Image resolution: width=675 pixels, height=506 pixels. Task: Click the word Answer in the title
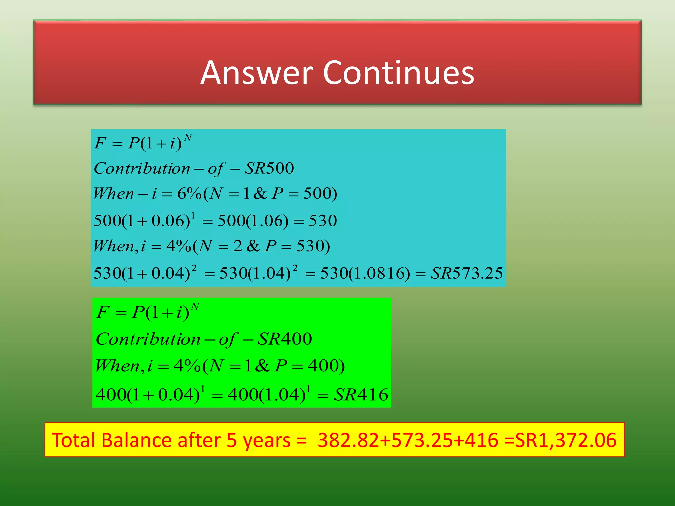257,73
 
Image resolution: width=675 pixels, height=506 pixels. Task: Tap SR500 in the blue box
269,168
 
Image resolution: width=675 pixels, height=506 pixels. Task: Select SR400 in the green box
285,339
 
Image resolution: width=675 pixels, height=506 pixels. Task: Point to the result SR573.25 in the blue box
467,273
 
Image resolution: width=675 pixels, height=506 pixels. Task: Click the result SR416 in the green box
361,394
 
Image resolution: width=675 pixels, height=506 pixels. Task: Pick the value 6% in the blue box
189,193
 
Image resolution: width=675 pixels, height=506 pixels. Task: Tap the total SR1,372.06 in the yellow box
566,440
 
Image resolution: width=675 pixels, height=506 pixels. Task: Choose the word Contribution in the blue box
142,168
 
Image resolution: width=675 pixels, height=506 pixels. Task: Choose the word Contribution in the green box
148,339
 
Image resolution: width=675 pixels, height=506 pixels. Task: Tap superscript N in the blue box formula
188,137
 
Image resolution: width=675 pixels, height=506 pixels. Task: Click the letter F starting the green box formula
103,312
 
